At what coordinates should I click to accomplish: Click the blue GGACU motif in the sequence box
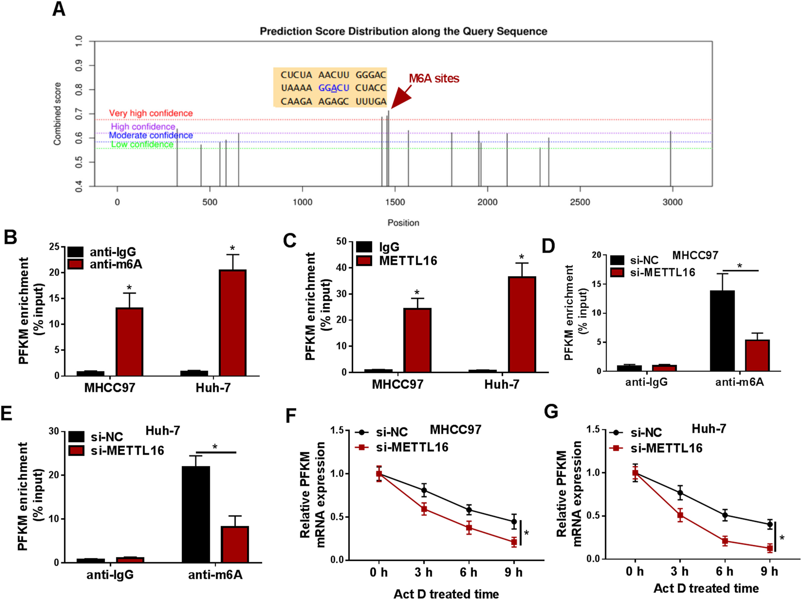point(334,88)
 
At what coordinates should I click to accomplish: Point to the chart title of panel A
point(403,32)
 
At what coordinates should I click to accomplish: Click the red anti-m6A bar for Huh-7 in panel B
point(232,323)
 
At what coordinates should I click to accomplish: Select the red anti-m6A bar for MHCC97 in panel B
point(129,342)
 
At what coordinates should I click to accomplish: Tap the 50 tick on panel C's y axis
point(341,242)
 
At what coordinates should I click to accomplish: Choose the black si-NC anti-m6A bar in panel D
point(722,331)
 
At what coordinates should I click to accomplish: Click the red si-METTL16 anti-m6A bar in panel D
point(757,355)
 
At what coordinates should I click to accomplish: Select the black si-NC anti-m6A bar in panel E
point(196,514)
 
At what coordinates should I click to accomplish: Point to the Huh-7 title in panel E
point(163,431)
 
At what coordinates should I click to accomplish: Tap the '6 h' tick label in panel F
point(468,572)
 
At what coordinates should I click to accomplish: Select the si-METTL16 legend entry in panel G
point(656,448)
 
